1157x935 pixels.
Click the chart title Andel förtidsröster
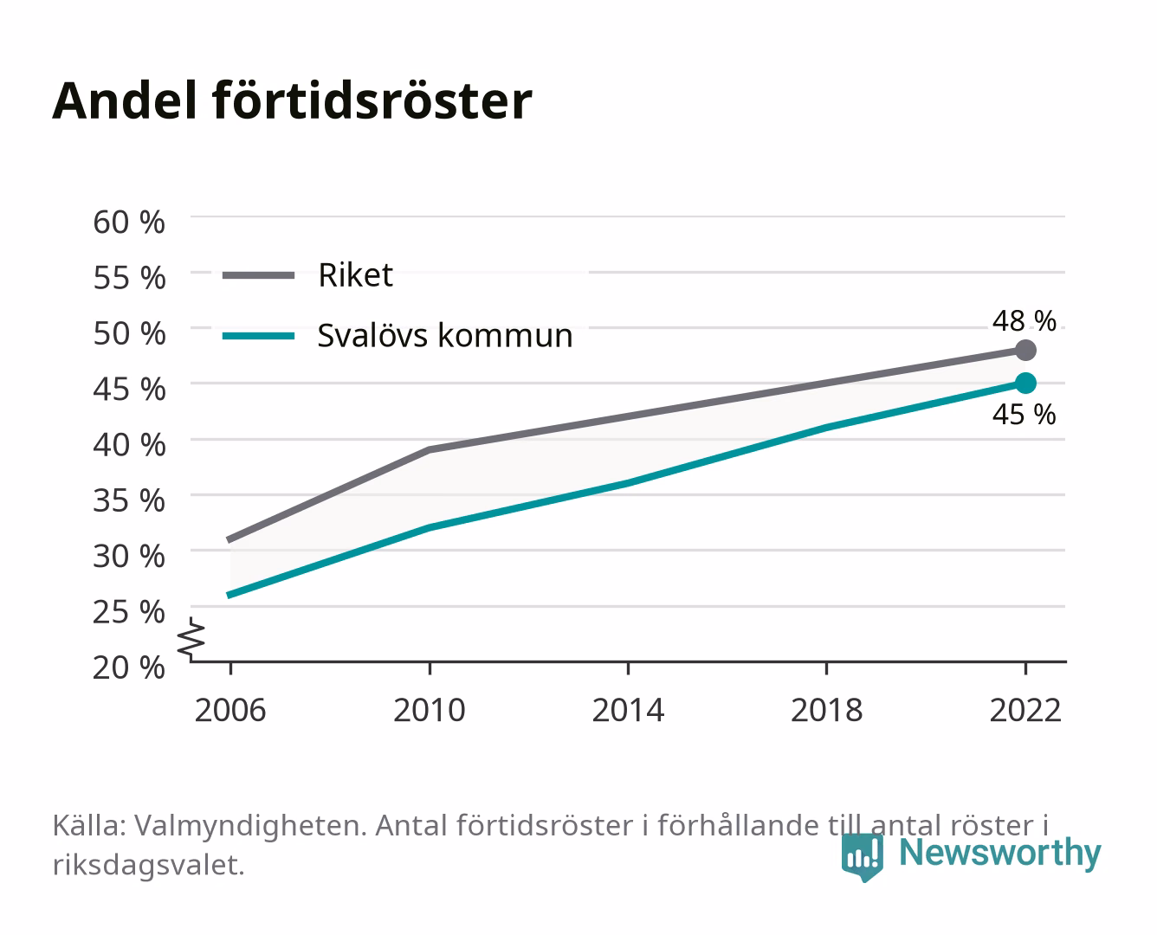292,101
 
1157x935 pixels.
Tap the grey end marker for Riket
1025,351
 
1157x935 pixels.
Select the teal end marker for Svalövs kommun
1025,384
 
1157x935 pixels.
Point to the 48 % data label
1024,320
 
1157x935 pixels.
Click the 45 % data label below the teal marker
1024,415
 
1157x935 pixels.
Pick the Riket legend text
355,274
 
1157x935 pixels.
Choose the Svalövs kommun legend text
445,335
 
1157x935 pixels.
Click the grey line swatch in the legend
259,275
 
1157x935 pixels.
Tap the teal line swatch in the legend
259,336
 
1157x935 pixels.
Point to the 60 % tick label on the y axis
129,222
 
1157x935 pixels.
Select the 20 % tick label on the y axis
129,667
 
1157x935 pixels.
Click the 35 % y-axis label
129,500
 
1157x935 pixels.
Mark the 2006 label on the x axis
230,710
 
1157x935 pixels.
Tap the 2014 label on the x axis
628,710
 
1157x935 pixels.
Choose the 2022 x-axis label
1025,710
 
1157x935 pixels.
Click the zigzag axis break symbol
191,639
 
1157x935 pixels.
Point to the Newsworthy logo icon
862,858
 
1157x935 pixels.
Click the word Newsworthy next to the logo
1000,854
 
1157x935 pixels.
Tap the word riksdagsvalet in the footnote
148,865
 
